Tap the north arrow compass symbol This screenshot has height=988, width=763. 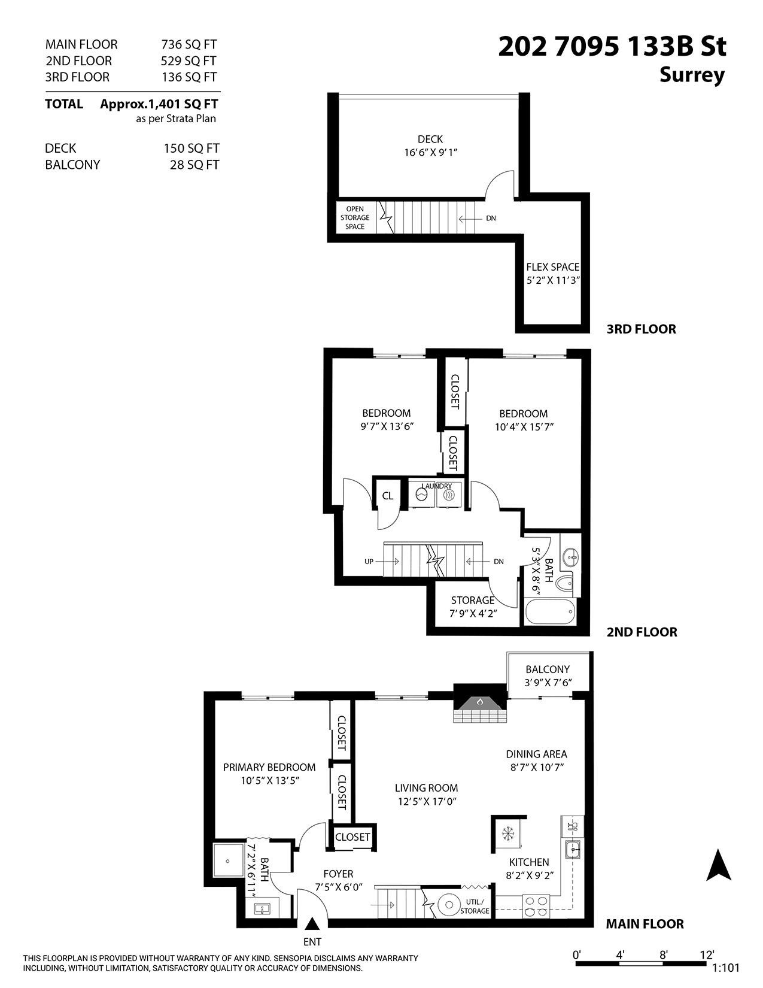(x=719, y=866)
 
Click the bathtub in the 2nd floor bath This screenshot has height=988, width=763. (x=550, y=613)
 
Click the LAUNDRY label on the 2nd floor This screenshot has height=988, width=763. (x=436, y=486)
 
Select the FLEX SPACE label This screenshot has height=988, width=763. (x=552, y=267)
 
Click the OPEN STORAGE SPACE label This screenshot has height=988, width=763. (x=355, y=218)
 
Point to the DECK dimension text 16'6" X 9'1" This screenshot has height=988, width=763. (x=430, y=153)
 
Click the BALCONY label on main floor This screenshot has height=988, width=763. (x=548, y=669)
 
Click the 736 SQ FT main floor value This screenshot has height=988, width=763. (x=189, y=44)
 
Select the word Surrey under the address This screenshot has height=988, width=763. (x=692, y=75)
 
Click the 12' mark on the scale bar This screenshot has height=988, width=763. (x=707, y=954)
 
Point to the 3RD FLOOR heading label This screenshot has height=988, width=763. (x=641, y=329)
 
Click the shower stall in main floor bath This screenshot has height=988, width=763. (x=227, y=860)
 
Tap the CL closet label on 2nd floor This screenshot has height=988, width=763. (x=388, y=496)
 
